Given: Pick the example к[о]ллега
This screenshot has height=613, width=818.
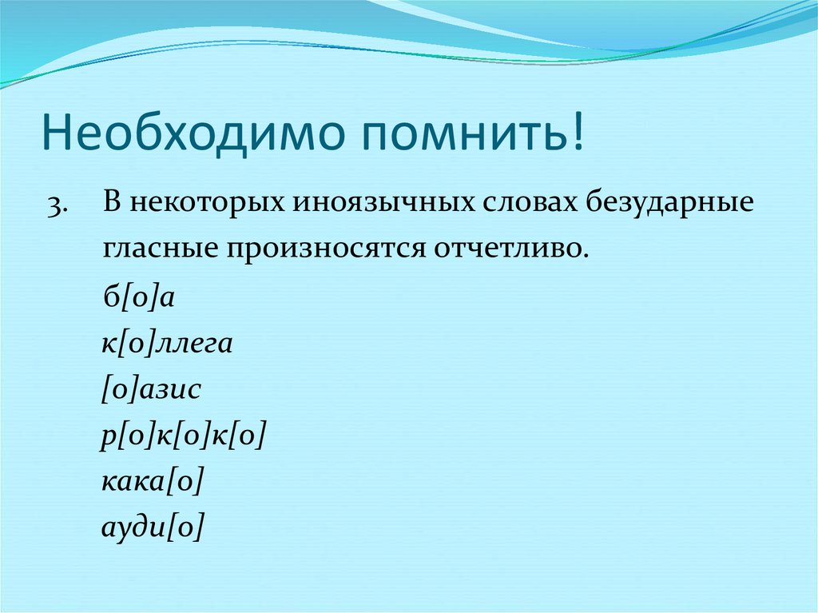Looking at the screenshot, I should pos(166,344).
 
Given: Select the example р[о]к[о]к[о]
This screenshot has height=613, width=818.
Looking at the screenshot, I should pos(183,436).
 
